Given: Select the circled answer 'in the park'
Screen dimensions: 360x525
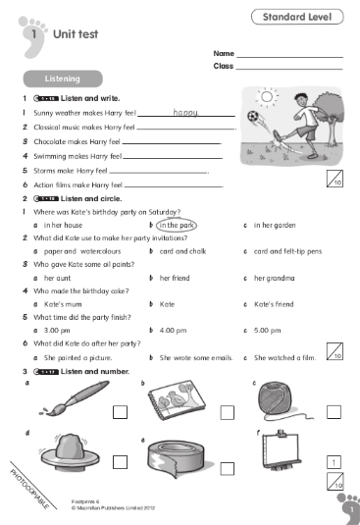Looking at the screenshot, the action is pos(177,225).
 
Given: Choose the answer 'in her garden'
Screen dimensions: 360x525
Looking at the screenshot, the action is pos(274,225).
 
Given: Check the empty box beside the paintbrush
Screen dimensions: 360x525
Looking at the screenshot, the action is pos(120,412).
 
